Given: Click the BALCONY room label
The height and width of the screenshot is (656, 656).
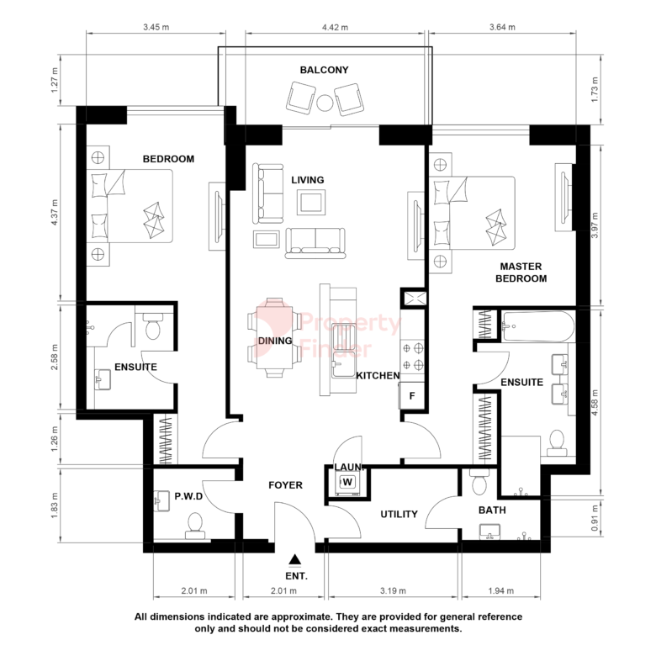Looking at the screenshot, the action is [x=325, y=70].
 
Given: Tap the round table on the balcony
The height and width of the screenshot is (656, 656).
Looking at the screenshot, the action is [x=325, y=103].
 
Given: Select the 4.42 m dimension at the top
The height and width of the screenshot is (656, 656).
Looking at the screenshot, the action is [x=335, y=27].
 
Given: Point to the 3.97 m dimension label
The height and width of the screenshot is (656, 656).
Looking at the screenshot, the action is [x=595, y=225].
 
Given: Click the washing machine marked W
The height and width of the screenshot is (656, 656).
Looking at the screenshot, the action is [x=347, y=483].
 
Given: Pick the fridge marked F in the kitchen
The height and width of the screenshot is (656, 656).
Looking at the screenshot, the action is [x=412, y=395].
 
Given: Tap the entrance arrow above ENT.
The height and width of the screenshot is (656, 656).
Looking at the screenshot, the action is [x=295, y=559].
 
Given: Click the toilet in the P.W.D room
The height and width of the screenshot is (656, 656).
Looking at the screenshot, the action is [x=195, y=526].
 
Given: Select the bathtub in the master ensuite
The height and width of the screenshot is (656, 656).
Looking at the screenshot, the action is [x=538, y=326].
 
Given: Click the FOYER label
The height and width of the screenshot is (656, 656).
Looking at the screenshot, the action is [x=285, y=485].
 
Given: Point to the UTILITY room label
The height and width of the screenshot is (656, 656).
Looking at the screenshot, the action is [x=399, y=514].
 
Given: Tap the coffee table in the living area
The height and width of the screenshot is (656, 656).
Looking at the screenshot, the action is [x=311, y=203].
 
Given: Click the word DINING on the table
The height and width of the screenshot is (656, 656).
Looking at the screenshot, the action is [x=275, y=341].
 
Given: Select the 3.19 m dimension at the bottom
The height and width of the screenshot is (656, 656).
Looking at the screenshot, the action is [x=393, y=590].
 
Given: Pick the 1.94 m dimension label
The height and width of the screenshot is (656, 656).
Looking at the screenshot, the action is [x=500, y=590].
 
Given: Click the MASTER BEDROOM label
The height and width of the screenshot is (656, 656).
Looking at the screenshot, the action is [x=521, y=272].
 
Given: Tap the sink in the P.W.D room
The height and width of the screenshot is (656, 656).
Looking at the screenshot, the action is [x=162, y=500].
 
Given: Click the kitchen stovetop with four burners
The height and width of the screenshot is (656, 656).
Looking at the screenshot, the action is [x=412, y=357].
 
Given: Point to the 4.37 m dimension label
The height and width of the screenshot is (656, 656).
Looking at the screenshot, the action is [x=55, y=212].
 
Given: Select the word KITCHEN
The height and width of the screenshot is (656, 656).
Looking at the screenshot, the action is [x=378, y=376].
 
